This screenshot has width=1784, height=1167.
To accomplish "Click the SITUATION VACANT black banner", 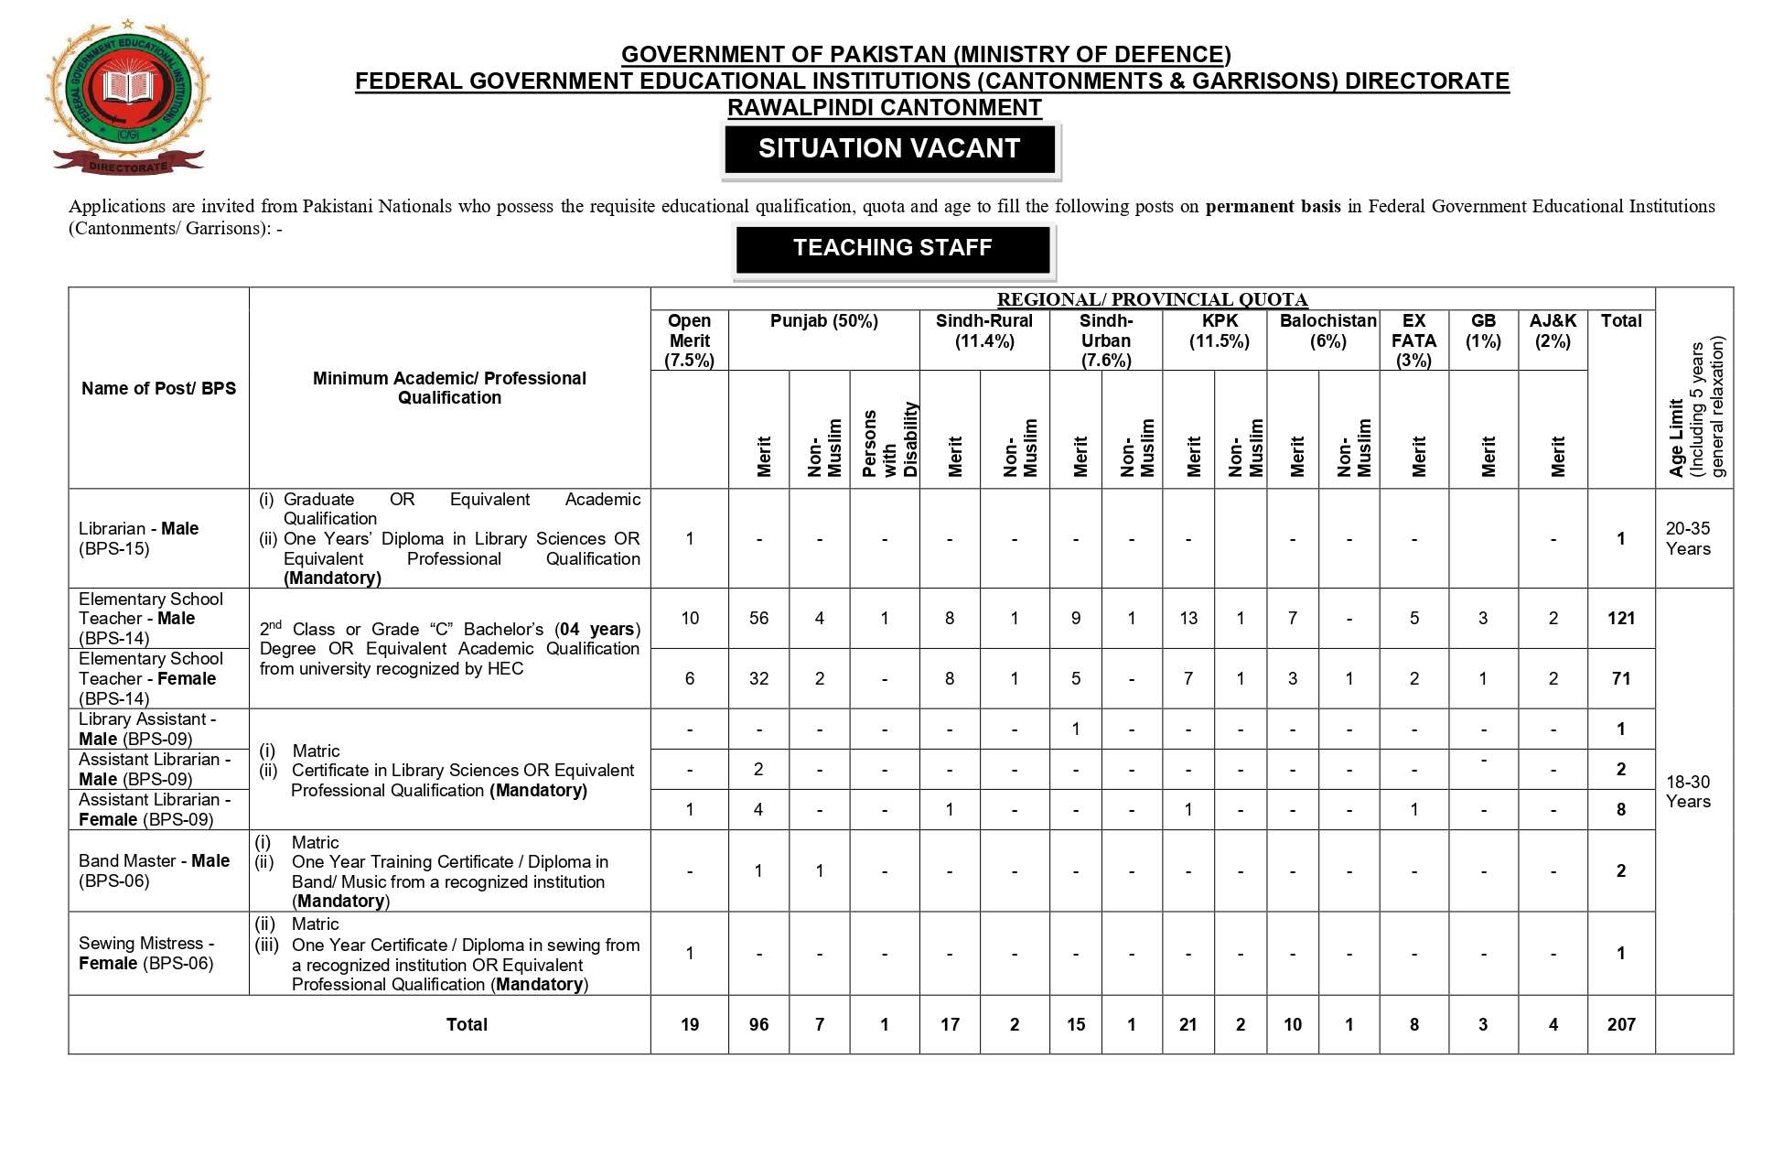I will pos(889,149).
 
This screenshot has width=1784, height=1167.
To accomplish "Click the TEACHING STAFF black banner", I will pos(892,248).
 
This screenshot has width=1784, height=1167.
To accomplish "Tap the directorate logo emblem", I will pos(128,98).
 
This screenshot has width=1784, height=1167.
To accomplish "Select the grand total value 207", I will pos(1620,1024).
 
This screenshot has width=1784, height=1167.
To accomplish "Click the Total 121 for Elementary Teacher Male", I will pos(1620,618).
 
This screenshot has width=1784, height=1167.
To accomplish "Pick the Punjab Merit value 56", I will pos(758,618).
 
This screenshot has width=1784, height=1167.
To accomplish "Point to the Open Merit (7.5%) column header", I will pos(689,340).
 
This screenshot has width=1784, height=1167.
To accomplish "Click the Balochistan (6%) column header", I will pos(1327,331).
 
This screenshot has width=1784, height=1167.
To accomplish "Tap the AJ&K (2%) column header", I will pos(1553,331).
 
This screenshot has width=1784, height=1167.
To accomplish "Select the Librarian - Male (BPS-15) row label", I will pos(138,538).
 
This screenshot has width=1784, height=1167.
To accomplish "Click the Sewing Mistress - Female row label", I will pos(146,953).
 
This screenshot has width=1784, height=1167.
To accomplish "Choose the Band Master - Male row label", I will pos(154,870).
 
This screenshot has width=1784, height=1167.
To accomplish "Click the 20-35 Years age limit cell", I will pos(1687,538).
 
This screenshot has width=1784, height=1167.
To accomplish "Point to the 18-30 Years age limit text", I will pos(1687,791).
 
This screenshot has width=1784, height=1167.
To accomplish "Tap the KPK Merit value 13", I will pos(1188,618).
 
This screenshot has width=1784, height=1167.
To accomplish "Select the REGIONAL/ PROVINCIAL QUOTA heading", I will pos(1152,299).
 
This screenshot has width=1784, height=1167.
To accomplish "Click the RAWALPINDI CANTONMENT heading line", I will pos(884,108).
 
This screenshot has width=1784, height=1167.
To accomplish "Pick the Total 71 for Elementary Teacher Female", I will pos(1620,678).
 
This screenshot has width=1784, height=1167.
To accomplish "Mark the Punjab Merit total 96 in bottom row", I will pos(758,1024).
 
